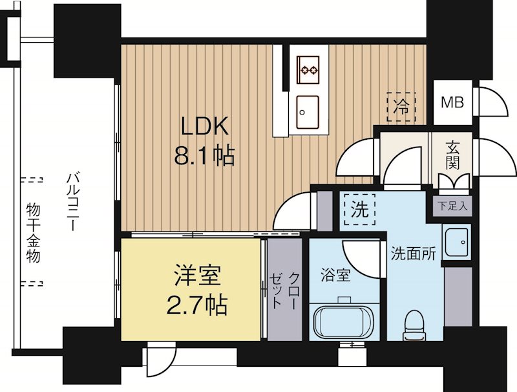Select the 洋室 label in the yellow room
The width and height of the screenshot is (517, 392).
(197, 275)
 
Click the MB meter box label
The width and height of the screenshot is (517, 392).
(451, 102)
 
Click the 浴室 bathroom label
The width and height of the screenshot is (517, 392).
(335, 275)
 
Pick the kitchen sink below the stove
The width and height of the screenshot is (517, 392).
(307, 107)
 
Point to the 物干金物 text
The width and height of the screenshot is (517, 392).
(34, 232)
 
